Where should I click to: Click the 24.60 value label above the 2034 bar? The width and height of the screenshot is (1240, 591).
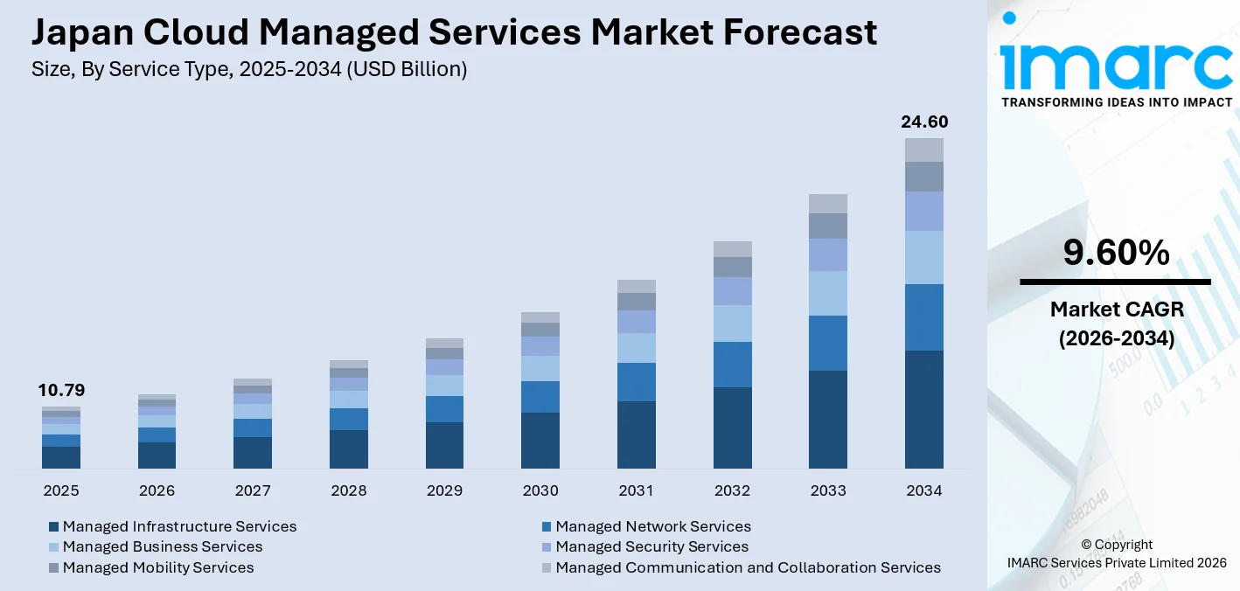coord(924,122)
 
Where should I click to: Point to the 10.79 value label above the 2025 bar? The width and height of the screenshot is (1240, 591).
coord(61,391)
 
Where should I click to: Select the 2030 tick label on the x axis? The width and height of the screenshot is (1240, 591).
coord(540,490)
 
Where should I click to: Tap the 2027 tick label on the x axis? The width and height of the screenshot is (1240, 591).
coord(253,490)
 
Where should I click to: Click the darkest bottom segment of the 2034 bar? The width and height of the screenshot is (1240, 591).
coord(924,409)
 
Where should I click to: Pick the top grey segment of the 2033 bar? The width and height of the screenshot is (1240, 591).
coord(828,204)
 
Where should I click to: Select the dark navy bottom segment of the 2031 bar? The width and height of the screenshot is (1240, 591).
coord(637,435)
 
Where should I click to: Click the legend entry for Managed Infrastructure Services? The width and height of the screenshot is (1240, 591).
coord(179,526)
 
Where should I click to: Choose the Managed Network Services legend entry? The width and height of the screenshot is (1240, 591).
coord(652,526)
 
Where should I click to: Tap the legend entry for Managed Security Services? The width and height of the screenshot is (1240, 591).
coord(651,546)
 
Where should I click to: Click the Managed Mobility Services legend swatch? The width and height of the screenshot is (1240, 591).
coord(54,568)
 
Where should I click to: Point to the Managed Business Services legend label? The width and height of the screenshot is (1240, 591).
coord(163,546)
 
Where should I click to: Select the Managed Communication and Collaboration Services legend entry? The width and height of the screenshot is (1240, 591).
coord(748,567)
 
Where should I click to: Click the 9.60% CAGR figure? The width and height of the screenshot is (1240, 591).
coord(1116,253)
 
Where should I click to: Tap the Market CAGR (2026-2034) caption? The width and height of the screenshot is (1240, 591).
coord(1116,323)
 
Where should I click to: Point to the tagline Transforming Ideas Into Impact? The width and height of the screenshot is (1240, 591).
coord(1116,102)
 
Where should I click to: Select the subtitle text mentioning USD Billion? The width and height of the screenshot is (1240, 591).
coord(249,70)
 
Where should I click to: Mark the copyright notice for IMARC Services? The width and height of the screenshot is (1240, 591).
coord(1116,553)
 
